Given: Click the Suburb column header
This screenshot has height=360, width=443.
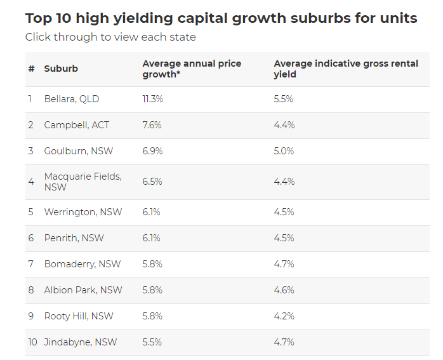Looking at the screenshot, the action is (61, 69).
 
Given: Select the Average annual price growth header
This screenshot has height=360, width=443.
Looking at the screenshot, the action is (192, 69).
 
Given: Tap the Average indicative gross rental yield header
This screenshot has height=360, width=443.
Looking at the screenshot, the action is (346, 69).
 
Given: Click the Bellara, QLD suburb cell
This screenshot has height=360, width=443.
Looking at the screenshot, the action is (72, 99).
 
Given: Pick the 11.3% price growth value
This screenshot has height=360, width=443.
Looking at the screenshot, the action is (152, 99).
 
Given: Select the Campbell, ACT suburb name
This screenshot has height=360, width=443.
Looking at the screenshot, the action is (76, 125).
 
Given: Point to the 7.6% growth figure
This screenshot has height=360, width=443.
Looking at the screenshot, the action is (152, 125).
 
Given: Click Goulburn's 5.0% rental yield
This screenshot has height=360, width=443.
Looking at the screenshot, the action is (284, 151).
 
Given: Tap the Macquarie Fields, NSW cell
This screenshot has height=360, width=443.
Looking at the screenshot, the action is (83, 182).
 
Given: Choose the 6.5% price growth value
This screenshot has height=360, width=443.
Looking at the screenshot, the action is (152, 182).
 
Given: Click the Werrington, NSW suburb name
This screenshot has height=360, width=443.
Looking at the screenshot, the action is (83, 212).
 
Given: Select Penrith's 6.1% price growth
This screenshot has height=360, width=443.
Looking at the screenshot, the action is (151, 238).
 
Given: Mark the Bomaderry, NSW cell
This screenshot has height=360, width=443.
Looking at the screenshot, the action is (83, 264).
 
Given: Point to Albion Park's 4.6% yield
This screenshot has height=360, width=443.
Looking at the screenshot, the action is (284, 290).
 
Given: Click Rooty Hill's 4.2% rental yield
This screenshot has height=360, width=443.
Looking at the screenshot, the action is (284, 316).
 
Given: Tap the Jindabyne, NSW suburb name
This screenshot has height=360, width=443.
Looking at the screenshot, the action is (80, 342).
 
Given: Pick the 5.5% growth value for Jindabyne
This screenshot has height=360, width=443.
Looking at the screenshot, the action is (152, 342).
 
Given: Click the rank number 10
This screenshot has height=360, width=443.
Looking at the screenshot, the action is (32, 342).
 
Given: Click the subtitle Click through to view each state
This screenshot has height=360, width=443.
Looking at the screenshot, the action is (110, 37).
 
